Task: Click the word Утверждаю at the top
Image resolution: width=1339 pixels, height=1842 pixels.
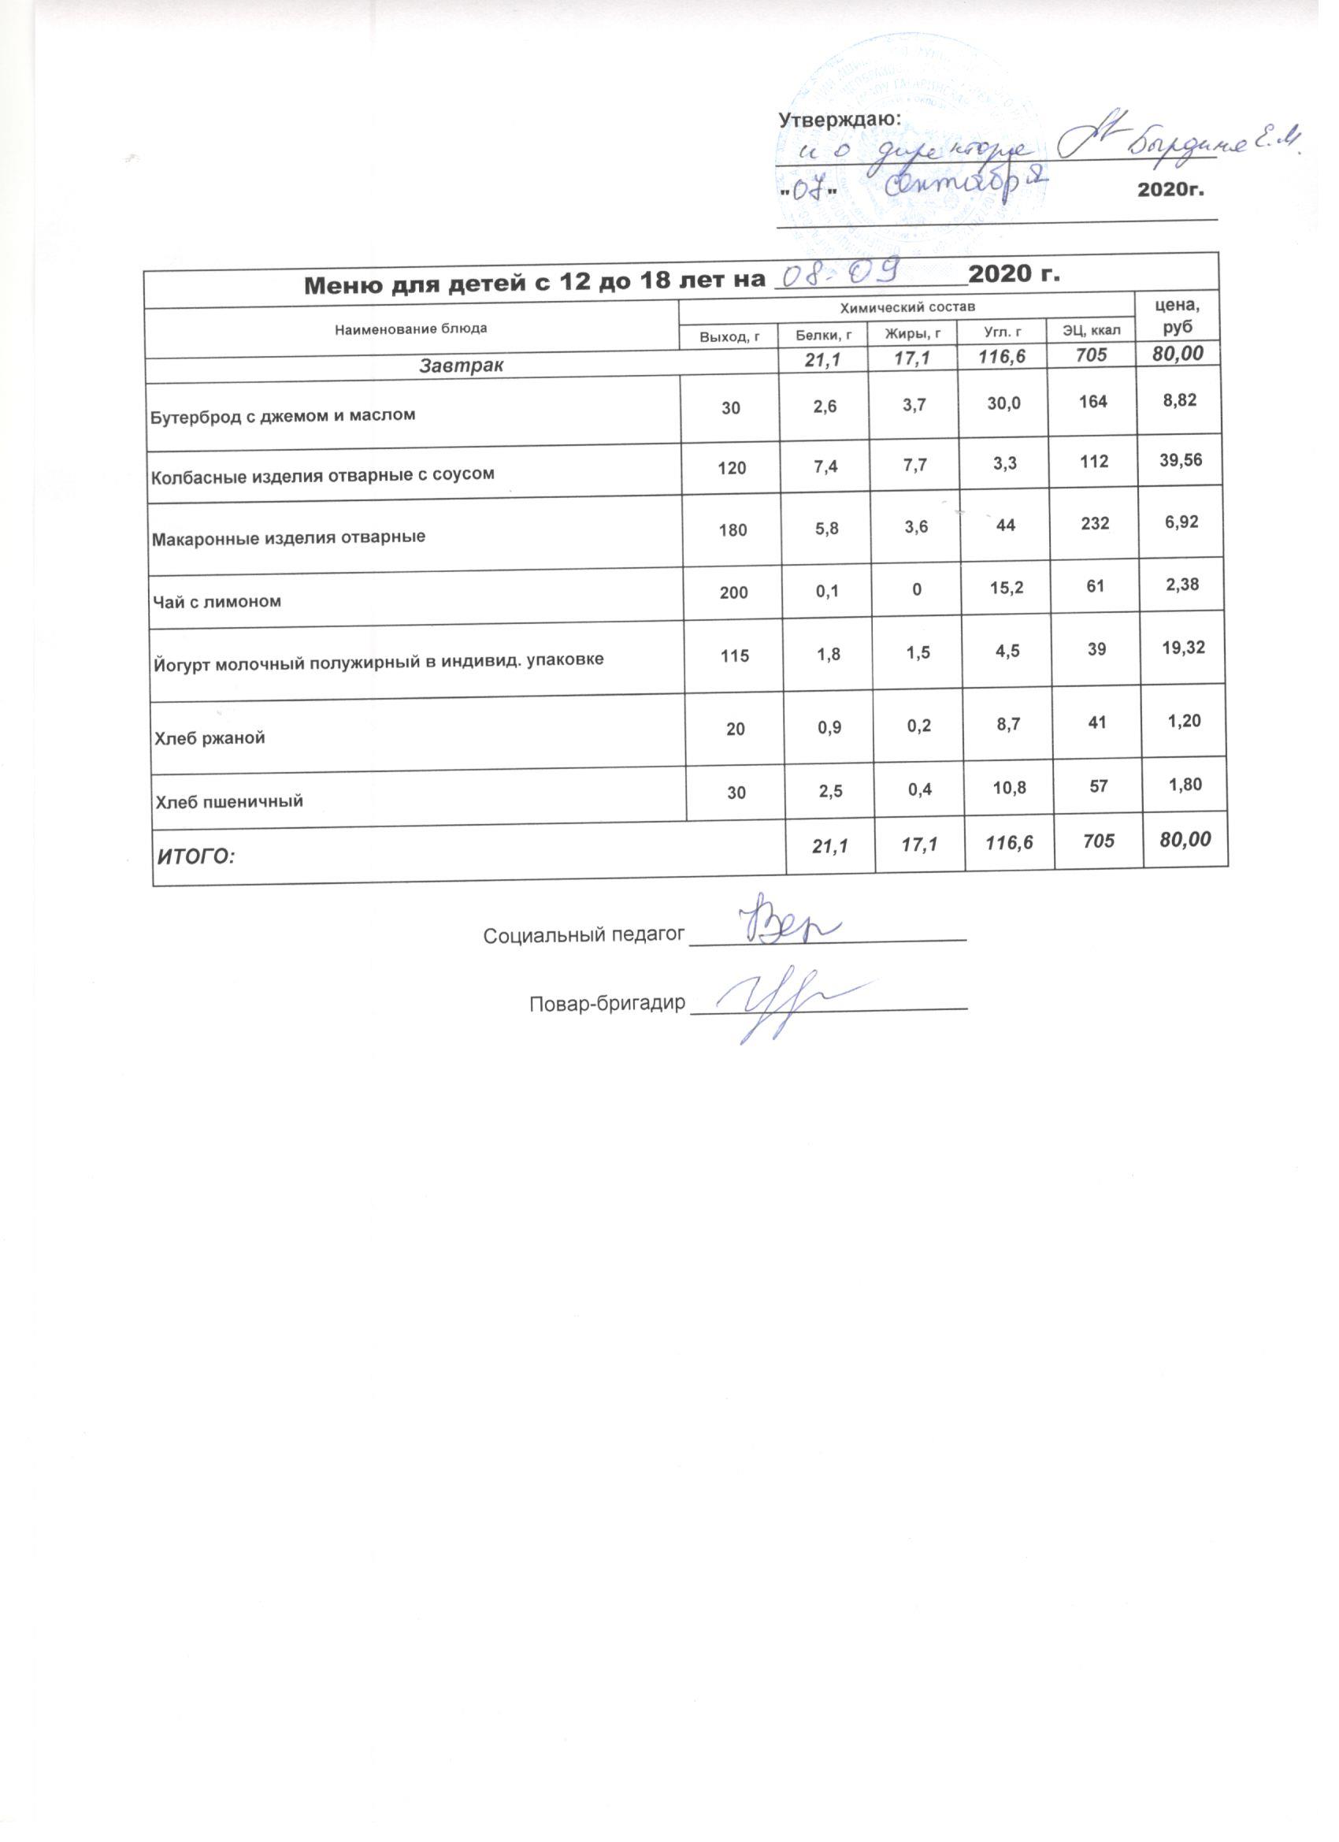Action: pyautogui.click(x=840, y=120)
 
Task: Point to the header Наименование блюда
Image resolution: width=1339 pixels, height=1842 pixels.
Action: pyautogui.click(x=411, y=328)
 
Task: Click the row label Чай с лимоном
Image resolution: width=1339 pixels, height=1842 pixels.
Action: pyautogui.click(x=217, y=602)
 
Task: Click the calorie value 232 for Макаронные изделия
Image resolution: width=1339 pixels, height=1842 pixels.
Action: pyautogui.click(x=1096, y=525)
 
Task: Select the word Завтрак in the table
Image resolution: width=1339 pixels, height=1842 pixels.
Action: pyautogui.click(x=462, y=366)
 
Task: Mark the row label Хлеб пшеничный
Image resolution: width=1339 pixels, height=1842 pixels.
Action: pyautogui.click(x=230, y=801)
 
